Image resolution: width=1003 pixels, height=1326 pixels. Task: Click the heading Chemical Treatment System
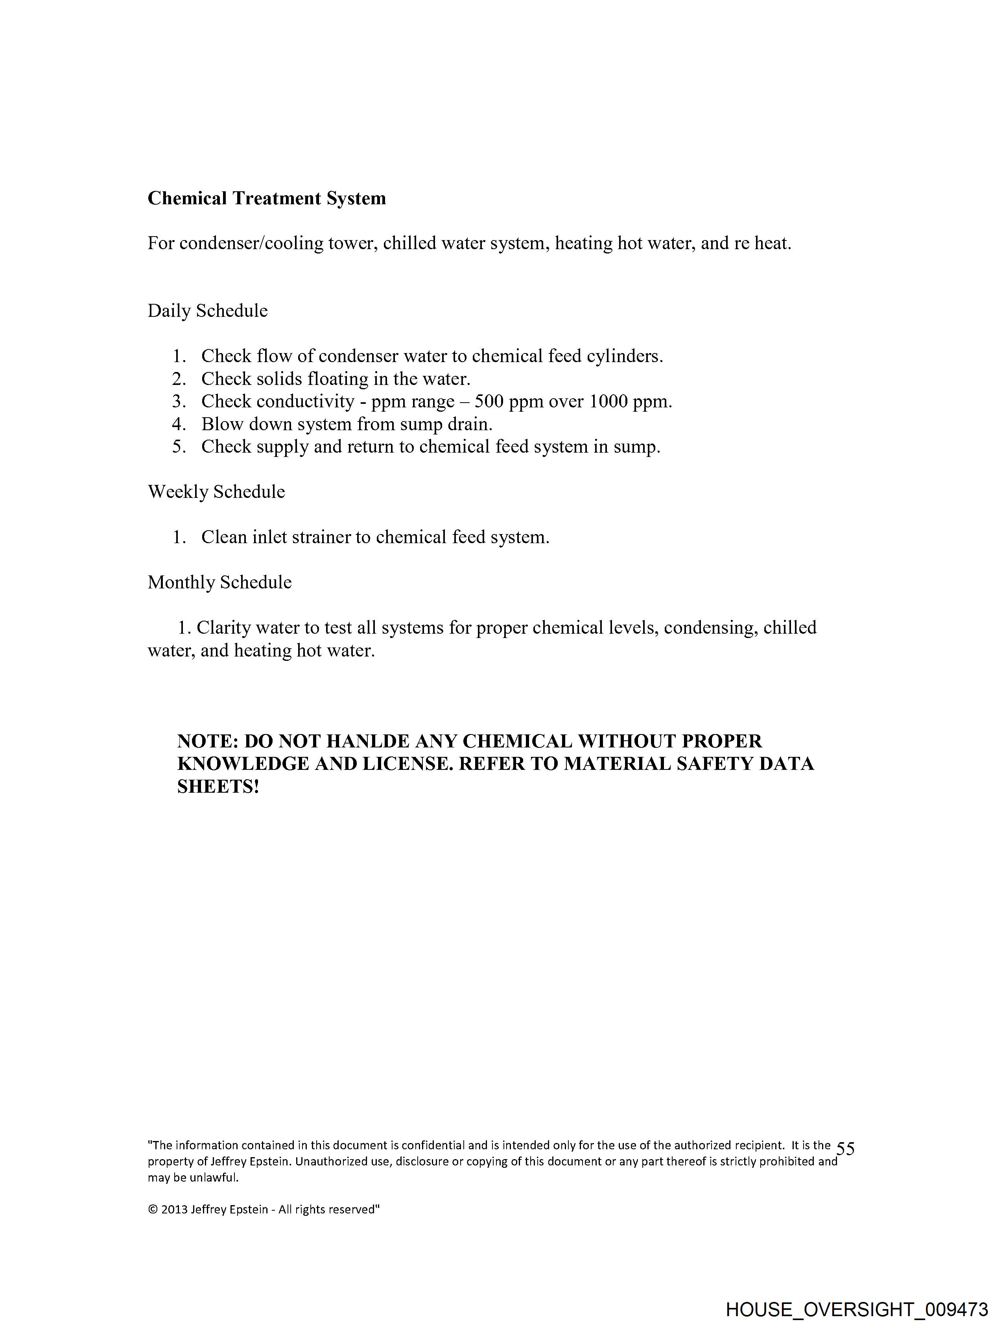click(x=267, y=198)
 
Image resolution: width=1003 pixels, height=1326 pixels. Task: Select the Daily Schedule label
click(x=207, y=311)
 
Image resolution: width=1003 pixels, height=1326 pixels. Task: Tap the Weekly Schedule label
click(x=216, y=492)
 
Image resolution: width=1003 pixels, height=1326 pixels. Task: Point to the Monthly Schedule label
click(x=219, y=583)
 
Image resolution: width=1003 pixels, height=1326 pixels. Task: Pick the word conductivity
click(x=305, y=401)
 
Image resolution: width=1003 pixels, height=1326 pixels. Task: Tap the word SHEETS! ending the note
click(x=218, y=787)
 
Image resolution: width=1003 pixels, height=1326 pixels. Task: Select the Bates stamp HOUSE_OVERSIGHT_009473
click(x=856, y=1309)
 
